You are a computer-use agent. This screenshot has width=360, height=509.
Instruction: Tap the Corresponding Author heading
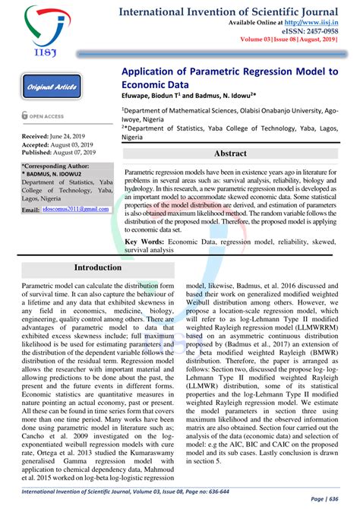pos(58,165)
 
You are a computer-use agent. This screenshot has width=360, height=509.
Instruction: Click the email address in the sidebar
pos(75,208)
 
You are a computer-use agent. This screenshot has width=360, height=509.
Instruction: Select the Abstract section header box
pos(230,153)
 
